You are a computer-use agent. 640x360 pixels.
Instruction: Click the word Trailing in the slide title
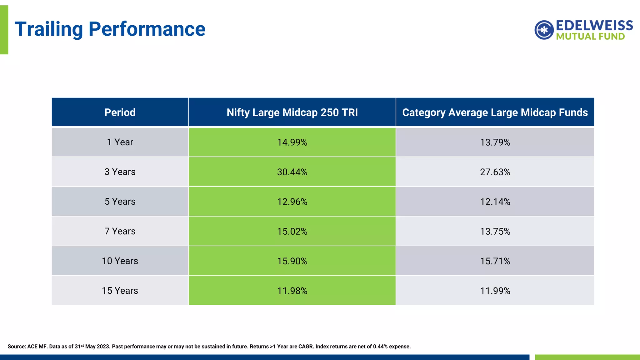point(49,29)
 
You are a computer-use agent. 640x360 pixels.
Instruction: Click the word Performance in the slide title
point(147,29)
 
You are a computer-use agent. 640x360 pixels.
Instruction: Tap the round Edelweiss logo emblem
point(544,30)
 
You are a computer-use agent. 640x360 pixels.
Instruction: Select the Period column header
point(120,112)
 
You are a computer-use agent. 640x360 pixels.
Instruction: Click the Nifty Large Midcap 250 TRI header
point(292,112)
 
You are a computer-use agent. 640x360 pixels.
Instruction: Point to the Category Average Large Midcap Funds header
point(495,112)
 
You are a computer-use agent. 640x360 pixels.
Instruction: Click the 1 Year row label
point(120,142)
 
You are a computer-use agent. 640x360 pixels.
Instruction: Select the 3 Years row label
point(120,172)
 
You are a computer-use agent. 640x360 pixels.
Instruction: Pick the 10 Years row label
point(120,261)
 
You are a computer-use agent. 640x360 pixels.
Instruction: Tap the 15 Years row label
point(120,291)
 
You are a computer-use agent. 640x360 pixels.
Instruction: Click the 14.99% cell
point(292,142)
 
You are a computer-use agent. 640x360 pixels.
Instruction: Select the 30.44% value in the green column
point(292,172)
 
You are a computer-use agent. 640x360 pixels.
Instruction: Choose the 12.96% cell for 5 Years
point(292,202)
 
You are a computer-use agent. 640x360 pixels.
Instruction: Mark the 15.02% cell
point(292,232)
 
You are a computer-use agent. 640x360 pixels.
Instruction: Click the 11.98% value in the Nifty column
point(292,291)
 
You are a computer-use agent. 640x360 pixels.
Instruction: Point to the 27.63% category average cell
point(495,172)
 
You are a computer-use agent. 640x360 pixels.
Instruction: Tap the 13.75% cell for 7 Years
point(495,232)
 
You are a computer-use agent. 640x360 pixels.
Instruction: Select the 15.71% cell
point(495,261)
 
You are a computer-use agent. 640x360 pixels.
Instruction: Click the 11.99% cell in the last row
point(495,291)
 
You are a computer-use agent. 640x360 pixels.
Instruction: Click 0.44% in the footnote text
point(380,347)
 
